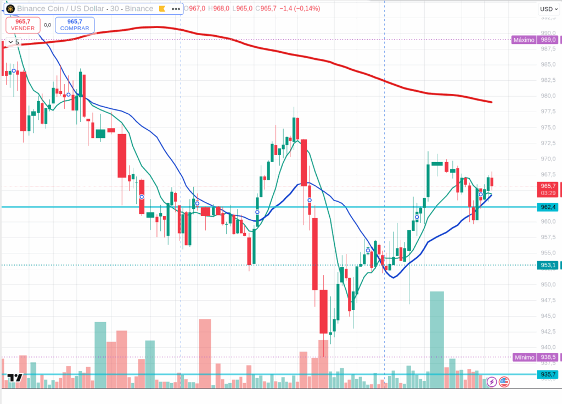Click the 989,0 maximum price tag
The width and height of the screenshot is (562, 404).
pyautogui.click(x=549, y=40)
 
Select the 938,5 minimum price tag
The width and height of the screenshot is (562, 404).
pyautogui.click(x=549, y=357)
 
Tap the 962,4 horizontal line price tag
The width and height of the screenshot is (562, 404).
pyautogui.click(x=549, y=207)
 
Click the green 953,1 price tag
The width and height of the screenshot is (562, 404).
pyautogui.click(x=549, y=265)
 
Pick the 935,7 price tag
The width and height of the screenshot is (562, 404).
pyautogui.click(x=549, y=375)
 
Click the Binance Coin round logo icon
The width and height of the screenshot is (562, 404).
pyautogui.click(x=10, y=9)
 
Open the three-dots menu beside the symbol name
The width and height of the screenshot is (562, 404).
pyautogui.click(x=175, y=9)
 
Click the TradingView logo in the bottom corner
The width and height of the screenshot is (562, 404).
pyautogui.click(x=15, y=378)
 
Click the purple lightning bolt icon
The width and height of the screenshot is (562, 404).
pyautogui.click(x=492, y=381)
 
